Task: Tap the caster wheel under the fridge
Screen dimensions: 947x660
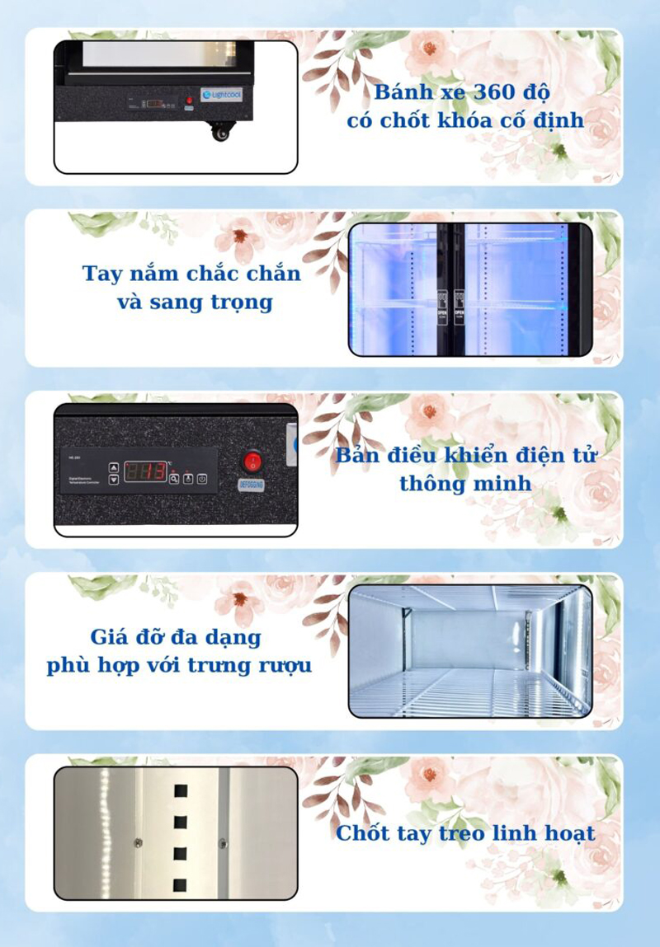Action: coord(220,132)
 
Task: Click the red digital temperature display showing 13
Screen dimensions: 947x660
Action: coord(145,471)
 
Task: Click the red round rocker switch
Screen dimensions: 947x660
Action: coord(251,461)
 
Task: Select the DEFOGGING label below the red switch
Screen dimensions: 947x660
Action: coord(251,484)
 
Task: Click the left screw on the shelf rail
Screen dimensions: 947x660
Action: coord(137,842)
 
